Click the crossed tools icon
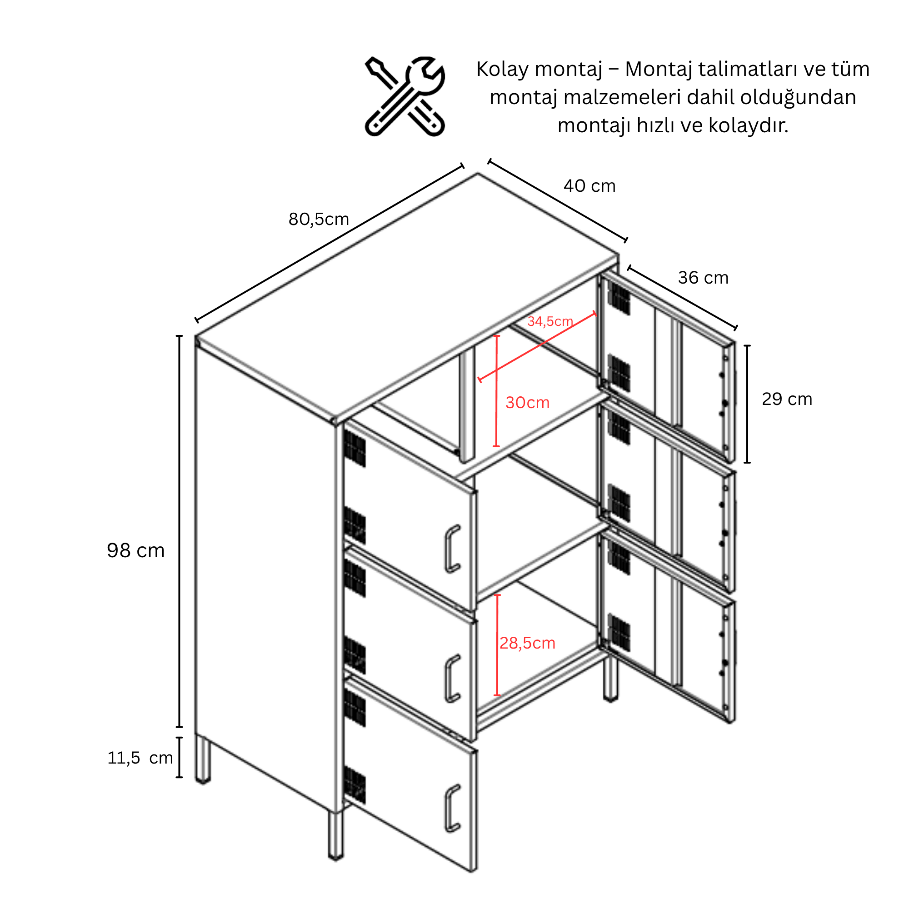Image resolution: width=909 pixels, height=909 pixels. (405, 96)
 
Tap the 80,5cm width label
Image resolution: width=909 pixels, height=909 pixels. (319, 219)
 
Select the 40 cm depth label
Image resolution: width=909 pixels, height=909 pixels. (589, 186)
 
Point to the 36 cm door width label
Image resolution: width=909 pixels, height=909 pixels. (703, 278)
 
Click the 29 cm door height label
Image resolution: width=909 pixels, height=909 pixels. (787, 399)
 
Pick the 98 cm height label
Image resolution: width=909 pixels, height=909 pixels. (135, 550)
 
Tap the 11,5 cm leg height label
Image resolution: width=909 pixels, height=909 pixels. (140, 758)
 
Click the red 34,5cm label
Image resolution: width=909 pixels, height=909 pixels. (550, 321)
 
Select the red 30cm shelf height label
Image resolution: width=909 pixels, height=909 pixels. (527, 402)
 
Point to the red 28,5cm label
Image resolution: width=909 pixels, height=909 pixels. (527, 643)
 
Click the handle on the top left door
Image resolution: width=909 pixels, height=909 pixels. (452, 549)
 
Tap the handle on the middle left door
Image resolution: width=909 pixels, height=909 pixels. (452, 679)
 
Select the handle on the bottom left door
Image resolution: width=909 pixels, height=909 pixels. (452, 808)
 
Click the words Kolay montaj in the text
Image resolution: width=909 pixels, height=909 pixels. (539, 70)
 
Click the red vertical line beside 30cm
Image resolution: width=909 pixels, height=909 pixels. (497, 390)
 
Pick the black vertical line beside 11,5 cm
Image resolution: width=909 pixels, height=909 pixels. (179, 758)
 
